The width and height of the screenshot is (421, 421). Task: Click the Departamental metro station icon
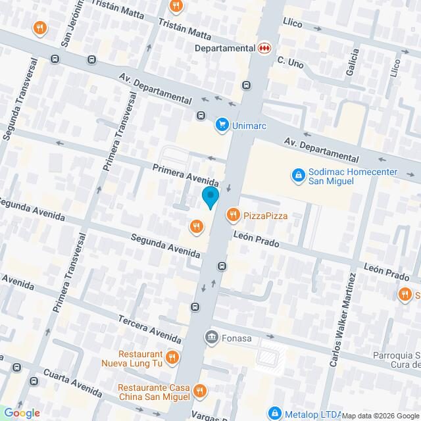[264, 48]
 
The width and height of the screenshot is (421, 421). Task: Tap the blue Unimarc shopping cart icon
[222, 125]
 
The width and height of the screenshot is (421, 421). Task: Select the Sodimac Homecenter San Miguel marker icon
[298, 176]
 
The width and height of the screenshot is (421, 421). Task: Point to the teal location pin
[210, 197]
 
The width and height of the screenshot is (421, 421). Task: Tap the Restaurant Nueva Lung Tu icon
[172, 357]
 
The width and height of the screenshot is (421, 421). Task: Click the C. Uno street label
[289, 62]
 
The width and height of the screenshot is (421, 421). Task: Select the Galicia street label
[355, 62]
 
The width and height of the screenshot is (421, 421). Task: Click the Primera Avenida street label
[185, 174]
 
